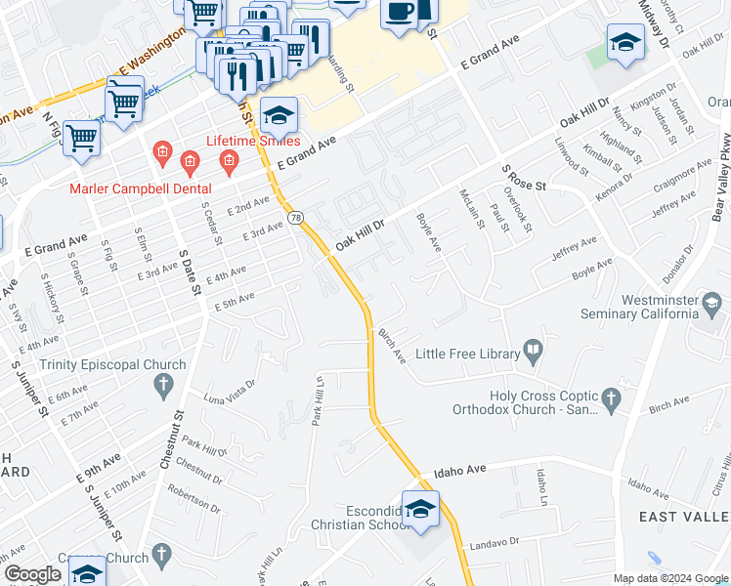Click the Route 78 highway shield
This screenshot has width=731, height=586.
pos(296,217)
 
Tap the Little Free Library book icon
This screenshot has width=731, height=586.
pos(534,349)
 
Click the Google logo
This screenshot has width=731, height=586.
pos(32,574)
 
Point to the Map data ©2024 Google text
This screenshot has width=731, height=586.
pos(671,578)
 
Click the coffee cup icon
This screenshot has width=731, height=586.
pos(400,12)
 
